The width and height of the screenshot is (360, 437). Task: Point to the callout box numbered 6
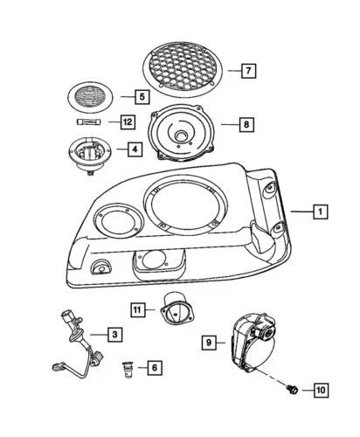point(154,368)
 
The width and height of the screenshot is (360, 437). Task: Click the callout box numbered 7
point(248,69)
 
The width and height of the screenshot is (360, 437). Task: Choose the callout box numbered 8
point(247,125)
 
